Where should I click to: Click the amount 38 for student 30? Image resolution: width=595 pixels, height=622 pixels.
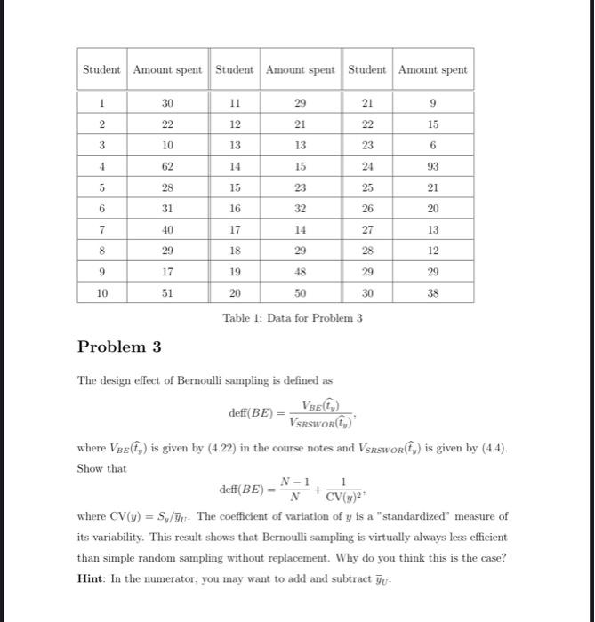click(432, 294)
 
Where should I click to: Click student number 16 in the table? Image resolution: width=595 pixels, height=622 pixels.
click(235, 208)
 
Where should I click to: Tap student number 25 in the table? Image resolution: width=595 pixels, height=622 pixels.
click(367, 187)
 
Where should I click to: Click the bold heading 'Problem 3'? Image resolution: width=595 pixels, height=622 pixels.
click(119, 347)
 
